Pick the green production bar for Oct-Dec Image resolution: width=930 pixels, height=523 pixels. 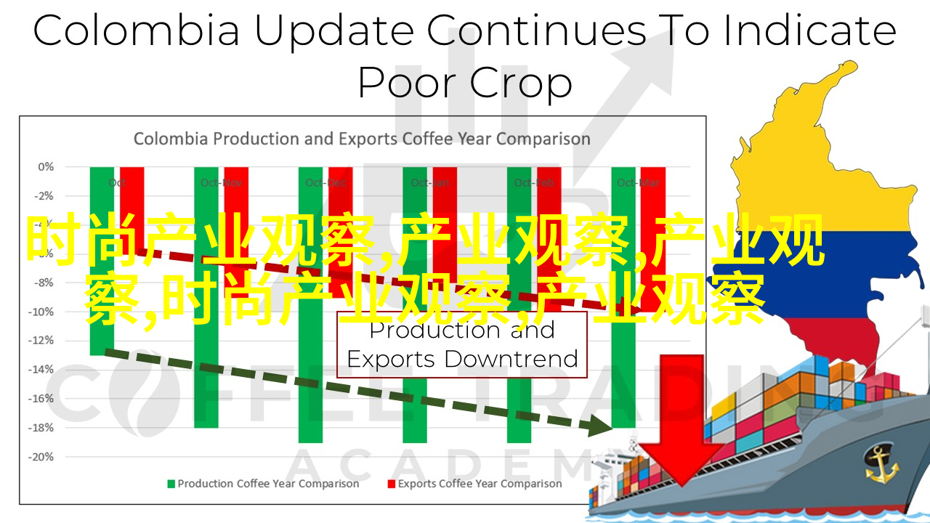[x=310, y=392]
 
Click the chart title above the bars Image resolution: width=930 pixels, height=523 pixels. [x=362, y=138]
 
